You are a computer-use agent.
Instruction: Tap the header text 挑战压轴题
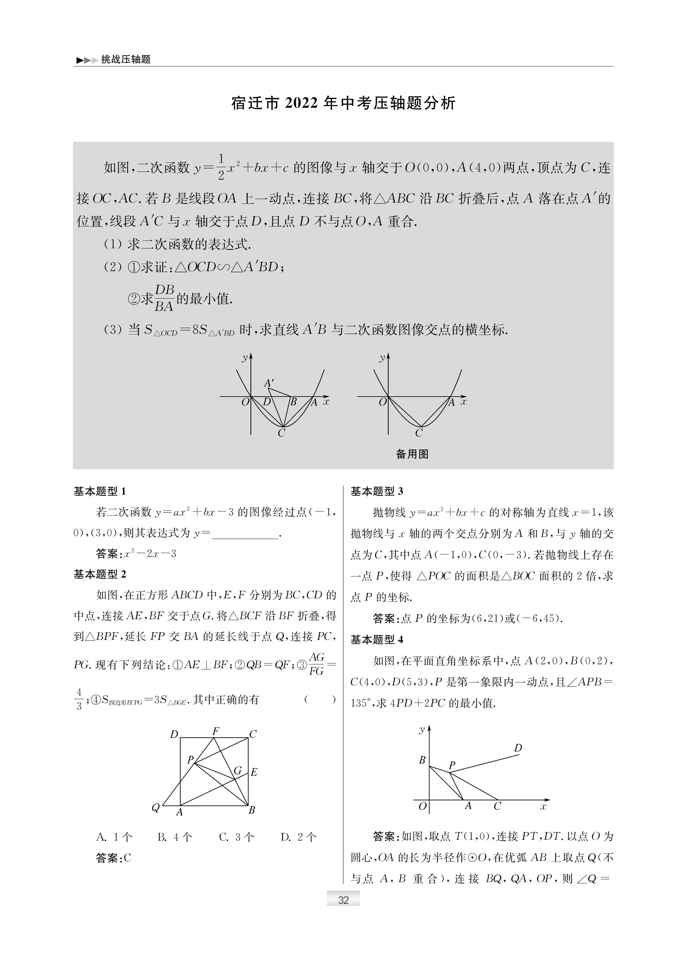[x=126, y=59]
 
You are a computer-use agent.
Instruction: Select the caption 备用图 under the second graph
[x=412, y=454]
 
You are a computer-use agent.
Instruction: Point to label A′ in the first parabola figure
[x=268, y=383]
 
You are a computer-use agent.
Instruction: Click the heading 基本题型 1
[x=100, y=491]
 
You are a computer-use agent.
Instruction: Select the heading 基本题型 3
[x=377, y=491]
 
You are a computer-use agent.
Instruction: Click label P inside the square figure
[x=190, y=760]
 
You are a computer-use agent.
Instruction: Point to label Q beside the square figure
[x=156, y=808]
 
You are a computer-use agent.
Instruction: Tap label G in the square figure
[x=238, y=770]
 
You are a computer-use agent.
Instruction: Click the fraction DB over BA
[x=164, y=298]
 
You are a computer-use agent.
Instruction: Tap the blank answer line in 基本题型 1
[x=245, y=534]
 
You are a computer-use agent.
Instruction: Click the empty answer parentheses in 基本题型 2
[x=320, y=700]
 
